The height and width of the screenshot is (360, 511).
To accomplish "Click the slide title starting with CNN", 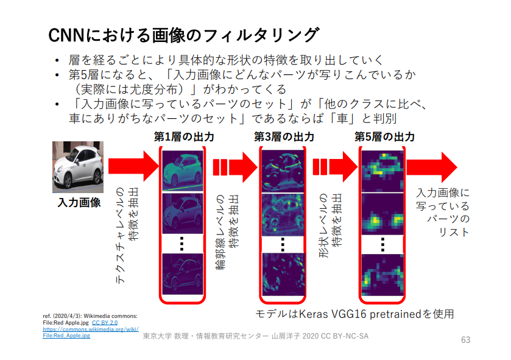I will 183,35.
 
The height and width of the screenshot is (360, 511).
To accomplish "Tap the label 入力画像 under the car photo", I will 80,202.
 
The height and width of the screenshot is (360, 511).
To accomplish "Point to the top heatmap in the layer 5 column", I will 382,169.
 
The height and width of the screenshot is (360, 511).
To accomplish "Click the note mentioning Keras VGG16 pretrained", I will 354,314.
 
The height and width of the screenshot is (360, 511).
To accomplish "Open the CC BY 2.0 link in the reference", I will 105,322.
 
